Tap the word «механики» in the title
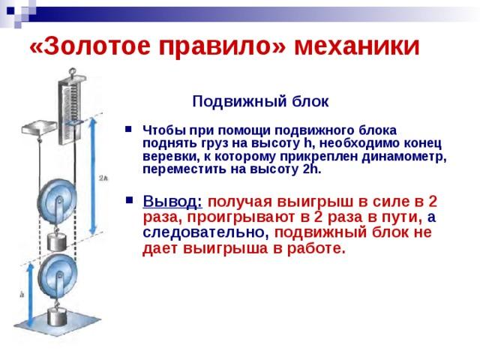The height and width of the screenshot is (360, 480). point(357,46)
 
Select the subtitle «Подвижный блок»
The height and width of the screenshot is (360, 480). point(260,101)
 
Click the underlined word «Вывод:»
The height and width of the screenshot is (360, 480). point(172,202)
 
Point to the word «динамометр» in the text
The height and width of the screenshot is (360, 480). point(403,156)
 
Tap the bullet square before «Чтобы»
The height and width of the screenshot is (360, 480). point(128,129)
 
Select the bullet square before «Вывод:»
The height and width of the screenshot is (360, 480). point(130,200)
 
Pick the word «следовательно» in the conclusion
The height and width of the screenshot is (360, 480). point(205,232)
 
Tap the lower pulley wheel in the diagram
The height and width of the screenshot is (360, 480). point(58,275)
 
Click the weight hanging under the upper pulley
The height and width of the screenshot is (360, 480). point(57,242)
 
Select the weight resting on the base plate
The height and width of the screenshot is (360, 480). point(57,317)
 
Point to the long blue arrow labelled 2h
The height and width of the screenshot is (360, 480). point(93,176)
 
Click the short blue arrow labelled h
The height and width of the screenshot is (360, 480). point(30,295)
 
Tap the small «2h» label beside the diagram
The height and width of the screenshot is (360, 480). point(103,178)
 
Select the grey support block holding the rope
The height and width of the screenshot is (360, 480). point(39,128)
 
